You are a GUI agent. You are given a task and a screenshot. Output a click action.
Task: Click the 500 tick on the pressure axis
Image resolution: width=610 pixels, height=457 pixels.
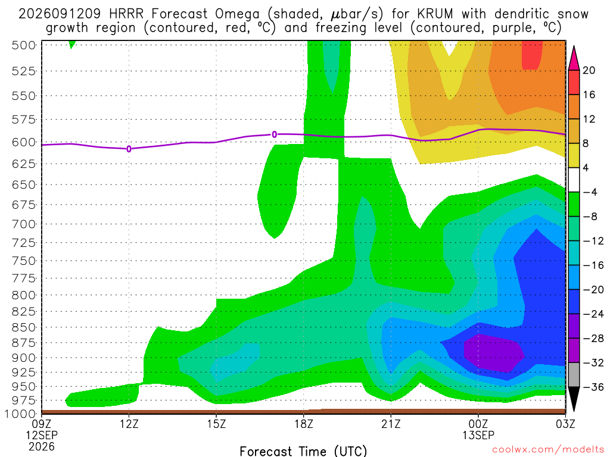point(24,45)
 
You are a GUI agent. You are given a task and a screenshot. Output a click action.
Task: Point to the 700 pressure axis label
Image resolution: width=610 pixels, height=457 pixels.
point(24,224)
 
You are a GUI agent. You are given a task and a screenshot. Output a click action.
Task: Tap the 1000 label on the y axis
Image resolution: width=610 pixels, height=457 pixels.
point(21,414)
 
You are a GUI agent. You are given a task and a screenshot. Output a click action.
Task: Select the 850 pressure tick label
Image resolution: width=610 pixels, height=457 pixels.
point(24,328)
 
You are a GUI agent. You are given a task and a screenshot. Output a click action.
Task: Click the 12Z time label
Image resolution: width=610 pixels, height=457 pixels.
point(129,424)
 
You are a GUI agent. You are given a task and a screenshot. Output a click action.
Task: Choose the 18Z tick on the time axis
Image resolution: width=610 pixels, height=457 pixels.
point(304,424)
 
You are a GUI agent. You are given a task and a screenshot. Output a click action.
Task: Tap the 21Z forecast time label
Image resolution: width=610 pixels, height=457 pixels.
point(391,424)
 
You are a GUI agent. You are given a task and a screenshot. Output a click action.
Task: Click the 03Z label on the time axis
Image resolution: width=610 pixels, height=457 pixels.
point(566,424)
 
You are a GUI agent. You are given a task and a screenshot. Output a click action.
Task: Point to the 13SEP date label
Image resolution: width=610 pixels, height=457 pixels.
point(478,435)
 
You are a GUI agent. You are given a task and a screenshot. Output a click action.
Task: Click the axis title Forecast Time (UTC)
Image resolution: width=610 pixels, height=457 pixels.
point(303,451)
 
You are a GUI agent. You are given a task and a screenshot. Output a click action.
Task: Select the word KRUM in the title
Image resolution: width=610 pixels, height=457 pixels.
point(435,14)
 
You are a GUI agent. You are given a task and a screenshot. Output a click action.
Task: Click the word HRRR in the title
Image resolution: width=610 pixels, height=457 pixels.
point(126,14)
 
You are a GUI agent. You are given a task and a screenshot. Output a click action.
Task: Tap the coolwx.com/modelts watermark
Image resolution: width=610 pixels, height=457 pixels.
point(548,450)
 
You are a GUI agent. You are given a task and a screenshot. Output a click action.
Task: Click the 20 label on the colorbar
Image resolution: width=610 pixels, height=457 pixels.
point(589,70)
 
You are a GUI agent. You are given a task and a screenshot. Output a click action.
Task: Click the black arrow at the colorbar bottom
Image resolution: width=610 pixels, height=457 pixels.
point(574,399)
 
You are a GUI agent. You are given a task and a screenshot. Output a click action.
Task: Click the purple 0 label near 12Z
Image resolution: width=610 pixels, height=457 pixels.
point(129,149)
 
